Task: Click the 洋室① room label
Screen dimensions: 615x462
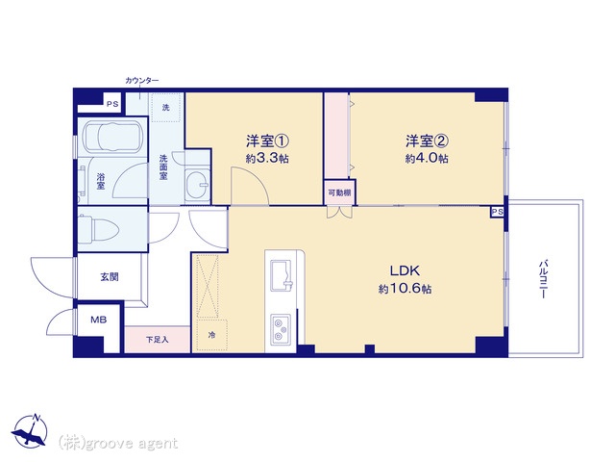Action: [x=267, y=141]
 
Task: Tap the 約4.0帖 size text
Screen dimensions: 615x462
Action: [x=427, y=158]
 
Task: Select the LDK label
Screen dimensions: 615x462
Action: [x=406, y=270]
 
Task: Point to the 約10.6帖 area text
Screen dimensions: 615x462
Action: [x=406, y=289]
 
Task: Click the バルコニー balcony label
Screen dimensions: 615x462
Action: [x=544, y=278]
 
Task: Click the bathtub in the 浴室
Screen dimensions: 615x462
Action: [x=113, y=137]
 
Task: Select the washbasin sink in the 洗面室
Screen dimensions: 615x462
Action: [x=198, y=183]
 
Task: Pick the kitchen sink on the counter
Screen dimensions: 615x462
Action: [x=282, y=276]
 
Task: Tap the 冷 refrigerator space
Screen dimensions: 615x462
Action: [x=211, y=335]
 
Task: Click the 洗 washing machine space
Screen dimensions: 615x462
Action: [x=166, y=107]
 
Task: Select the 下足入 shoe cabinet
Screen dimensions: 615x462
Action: [x=158, y=340]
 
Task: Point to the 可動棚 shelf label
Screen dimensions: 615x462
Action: [x=339, y=192]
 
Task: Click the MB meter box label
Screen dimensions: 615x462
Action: [x=98, y=320]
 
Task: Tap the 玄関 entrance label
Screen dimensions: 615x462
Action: [x=110, y=277]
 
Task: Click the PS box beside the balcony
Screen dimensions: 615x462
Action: [x=498, y=212]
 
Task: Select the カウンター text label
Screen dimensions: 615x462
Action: [x=142, y=81]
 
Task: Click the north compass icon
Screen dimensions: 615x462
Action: [x=30, y=431]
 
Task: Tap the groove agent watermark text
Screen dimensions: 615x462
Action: [x=118, y=443]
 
